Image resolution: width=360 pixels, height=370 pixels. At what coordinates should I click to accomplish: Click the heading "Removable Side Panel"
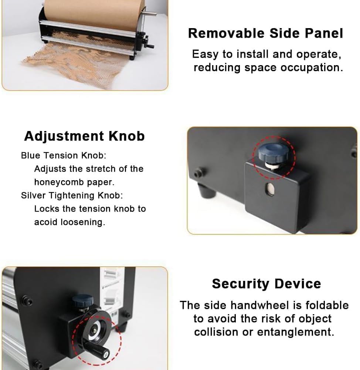[265, 33]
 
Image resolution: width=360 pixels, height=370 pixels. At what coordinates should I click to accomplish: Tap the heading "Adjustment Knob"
[84, 136]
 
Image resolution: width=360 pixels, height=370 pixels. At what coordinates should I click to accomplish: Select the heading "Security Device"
[266, 284]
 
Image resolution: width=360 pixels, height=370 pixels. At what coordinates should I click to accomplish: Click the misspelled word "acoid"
[46, 222]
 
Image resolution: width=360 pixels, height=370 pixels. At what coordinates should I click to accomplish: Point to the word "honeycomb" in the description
[59, 182]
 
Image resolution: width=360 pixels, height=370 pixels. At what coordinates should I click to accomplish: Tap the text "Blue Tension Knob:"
[64, 155]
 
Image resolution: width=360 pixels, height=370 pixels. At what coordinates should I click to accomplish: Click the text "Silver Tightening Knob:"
[72, 195]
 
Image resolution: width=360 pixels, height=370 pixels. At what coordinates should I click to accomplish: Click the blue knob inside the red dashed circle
[273, 152]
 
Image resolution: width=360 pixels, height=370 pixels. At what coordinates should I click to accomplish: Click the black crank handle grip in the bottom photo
[97, 350]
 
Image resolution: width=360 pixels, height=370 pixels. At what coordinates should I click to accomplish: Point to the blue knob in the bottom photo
[82, 301]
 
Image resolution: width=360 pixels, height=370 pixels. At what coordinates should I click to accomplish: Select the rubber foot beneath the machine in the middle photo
[207, 190]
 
